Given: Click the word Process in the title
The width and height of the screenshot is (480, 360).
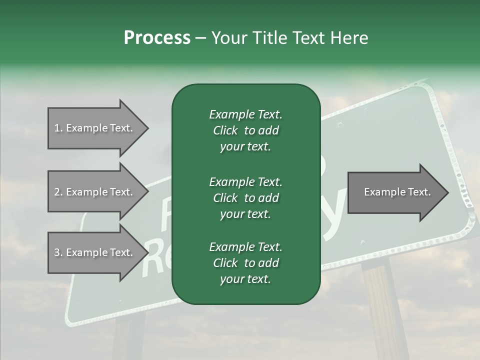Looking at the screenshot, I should click(x=157, y=38).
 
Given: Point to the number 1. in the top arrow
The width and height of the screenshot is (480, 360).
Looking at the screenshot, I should click(x=58, y=128).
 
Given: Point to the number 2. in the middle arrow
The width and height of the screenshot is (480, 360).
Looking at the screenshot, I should click(x=58, y=192).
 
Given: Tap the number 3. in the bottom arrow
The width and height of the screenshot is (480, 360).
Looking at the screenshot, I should click(x=58, y=252).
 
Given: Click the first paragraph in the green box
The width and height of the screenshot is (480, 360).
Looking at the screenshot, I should click(x=245, y=130).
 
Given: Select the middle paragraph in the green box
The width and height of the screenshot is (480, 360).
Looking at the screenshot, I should click(x=245, y=198).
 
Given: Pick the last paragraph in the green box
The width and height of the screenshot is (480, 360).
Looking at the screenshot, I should click(x=245, y=263).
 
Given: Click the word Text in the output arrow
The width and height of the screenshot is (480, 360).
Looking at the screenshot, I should click(x=420, y=192).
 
